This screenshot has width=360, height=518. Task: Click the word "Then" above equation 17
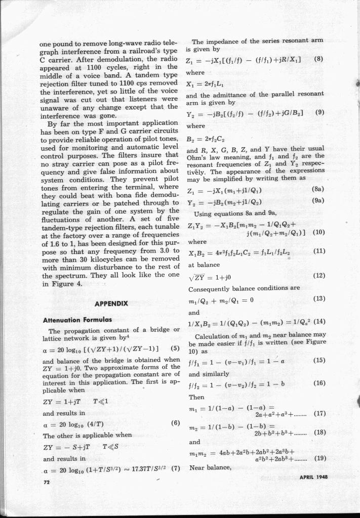196,397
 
